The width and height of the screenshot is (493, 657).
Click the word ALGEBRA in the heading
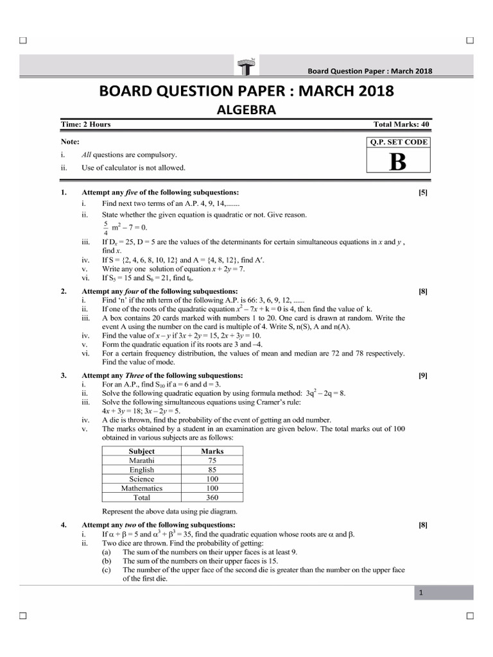tap(246, 110)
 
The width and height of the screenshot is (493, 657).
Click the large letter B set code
tap(397, 162)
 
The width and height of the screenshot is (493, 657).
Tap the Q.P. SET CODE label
tap(397, 142)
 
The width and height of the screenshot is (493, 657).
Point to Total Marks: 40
tap(401, 124)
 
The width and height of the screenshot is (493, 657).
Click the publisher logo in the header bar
tap(246, 64)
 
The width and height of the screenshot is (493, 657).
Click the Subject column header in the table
tap(141, 451)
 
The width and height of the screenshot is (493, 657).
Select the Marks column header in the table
tap(212, 451)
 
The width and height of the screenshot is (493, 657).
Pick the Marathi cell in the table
tap(141, 460)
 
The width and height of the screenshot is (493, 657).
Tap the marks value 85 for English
tap(212, 470)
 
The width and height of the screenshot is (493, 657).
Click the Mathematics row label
tap(141, 488)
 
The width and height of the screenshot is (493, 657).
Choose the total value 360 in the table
tap(212, 497)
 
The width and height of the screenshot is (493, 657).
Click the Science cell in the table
tap(141, 479)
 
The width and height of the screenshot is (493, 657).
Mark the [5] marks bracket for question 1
tap(422, 192)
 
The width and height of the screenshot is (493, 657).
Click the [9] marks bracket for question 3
tap(422, 375)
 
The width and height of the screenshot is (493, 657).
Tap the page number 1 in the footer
tap(420, 593)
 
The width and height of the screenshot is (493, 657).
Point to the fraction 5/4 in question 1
tap(105, 228)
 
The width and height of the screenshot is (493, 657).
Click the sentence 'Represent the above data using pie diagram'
tap(169, 511)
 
